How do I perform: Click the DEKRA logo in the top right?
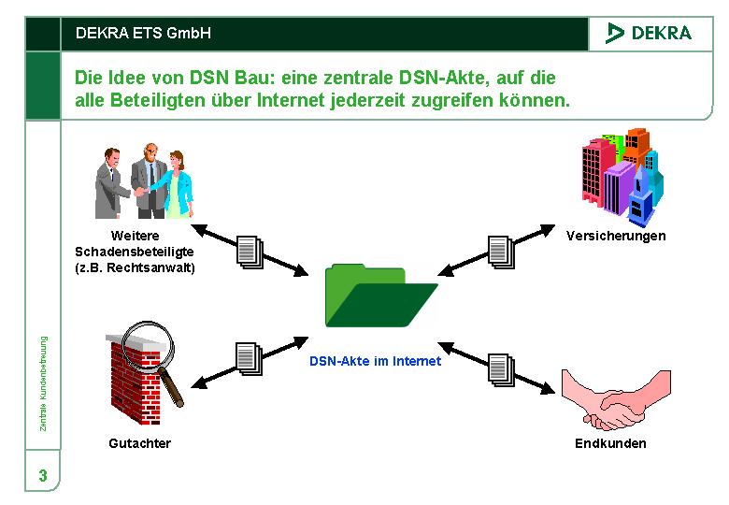click(649, 33)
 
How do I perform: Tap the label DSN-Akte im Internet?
click(375, 361)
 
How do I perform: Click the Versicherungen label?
click(616, 236)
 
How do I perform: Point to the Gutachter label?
click(140, 443)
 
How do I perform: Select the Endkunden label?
click(610, 443)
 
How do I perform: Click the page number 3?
click(43, 476)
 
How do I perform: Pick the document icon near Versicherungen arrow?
click(502, 252)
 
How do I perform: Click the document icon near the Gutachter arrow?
click(247, 358)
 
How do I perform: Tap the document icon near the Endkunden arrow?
click(502, 369)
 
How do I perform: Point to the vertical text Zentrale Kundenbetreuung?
click(43, 382)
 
